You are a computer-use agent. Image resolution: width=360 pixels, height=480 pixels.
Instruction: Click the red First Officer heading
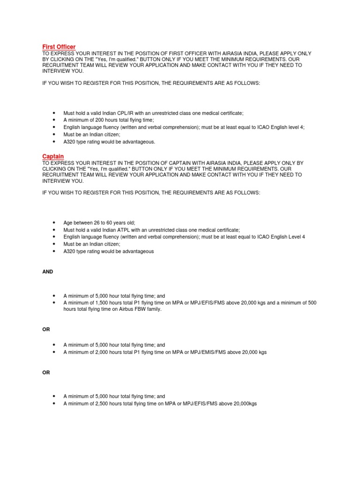[x=59, y=47]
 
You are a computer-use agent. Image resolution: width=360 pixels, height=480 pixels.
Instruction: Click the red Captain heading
[x=53, y=156]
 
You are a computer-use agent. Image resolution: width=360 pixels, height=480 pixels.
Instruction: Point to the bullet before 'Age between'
[x=54, y=223]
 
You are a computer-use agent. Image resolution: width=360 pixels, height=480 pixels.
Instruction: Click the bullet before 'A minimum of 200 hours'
[x=54, y=120]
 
